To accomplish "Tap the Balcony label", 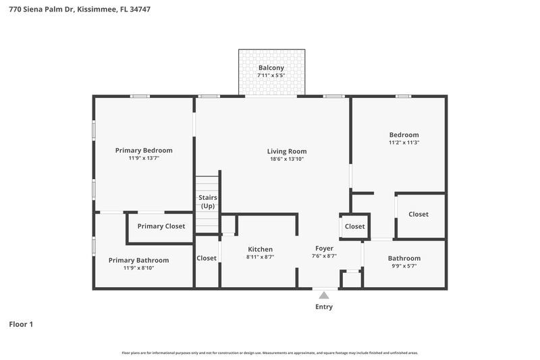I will pos(271,68).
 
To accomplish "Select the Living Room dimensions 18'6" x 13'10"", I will pos(287,159).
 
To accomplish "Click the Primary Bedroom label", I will pos(144,150).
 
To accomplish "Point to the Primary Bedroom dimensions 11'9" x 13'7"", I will pos(144,158).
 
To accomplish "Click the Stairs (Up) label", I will pos(207,201).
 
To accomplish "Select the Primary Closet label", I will pos(161,226).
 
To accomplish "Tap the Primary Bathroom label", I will pos(139,260).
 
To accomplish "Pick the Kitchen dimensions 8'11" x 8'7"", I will pos(260,257).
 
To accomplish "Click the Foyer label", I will pos(324,248).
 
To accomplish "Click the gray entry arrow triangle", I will pos(324,295).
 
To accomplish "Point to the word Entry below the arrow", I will pos(324,307).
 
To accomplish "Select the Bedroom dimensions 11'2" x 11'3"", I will pos(404,143).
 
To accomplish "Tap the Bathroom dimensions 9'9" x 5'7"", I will pos(404,266).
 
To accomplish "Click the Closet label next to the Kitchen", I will pos(207,258).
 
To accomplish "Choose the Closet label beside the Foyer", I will pos(354,226).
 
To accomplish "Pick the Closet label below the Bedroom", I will pos(418,214).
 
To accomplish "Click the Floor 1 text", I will pos(21,324).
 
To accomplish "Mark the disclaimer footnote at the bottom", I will pos(270,353).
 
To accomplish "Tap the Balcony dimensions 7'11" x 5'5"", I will pos(271,76).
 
